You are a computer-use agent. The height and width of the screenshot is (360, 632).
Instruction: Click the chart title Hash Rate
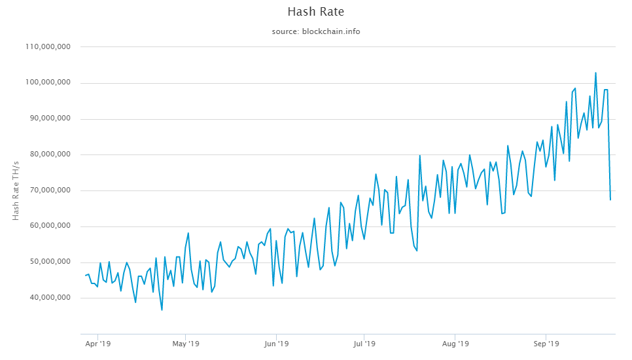(315, 12)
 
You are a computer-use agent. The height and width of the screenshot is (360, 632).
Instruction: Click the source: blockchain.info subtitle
(315, 31)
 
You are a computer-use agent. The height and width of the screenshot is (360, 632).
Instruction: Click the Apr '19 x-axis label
(97, 343)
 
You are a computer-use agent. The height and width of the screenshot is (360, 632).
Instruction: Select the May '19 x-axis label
(186, 343)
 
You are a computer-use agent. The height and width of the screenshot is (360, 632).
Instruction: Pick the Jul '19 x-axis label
(364, 343)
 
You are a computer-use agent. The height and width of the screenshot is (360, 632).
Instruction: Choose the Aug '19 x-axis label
(455, 343)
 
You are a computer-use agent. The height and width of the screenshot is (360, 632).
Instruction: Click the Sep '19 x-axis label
(546, 343)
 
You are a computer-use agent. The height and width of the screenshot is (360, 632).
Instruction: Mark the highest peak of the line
(595, 73)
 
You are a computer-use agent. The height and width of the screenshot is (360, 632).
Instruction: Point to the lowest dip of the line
(162, 310)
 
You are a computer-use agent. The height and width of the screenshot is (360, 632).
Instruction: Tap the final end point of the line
(610, 200)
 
